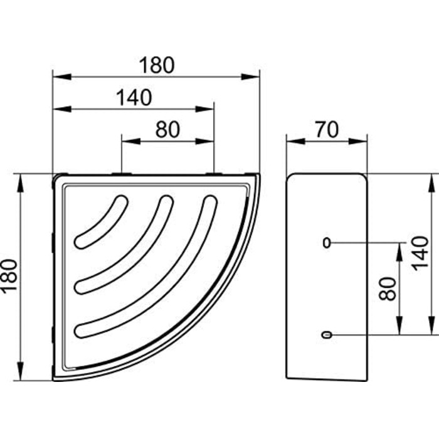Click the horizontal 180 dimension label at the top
point(157,65)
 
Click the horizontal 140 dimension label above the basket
point(134,97)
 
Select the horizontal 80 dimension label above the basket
point(167,129)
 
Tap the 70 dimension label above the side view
point(327,129)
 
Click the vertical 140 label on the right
point(421,253)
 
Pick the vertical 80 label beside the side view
point(388,289)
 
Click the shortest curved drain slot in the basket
point(101,222)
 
